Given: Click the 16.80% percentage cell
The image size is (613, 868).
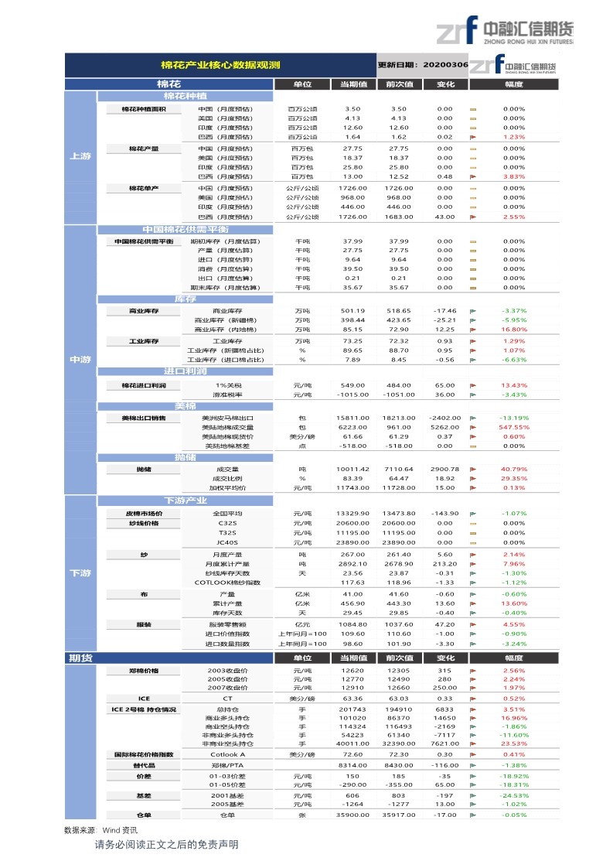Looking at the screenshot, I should (514, 329).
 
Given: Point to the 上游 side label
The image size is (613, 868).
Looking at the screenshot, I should (80, 155).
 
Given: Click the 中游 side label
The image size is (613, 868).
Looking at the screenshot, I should (80, 359).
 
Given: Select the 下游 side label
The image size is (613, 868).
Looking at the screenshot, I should (80, 572).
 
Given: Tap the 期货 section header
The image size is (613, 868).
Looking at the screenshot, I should (80, 658).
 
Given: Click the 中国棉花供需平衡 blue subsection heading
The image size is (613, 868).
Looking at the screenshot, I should (185, 230).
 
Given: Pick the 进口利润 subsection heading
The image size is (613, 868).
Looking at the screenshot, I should (185, 371).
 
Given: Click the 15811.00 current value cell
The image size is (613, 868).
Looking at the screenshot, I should (352, 418).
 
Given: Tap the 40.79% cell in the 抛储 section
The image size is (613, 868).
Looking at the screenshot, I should (514, 469).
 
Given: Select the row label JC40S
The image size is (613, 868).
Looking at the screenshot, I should (228, 542).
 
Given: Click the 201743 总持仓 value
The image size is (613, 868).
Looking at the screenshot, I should (352, 709).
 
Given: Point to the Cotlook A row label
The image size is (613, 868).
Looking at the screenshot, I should (228, 754).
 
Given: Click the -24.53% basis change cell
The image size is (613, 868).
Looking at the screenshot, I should (514, 795).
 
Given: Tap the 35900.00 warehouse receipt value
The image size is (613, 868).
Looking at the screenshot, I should (352, 815).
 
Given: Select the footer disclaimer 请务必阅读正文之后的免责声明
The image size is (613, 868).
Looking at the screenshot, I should (166, 845).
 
